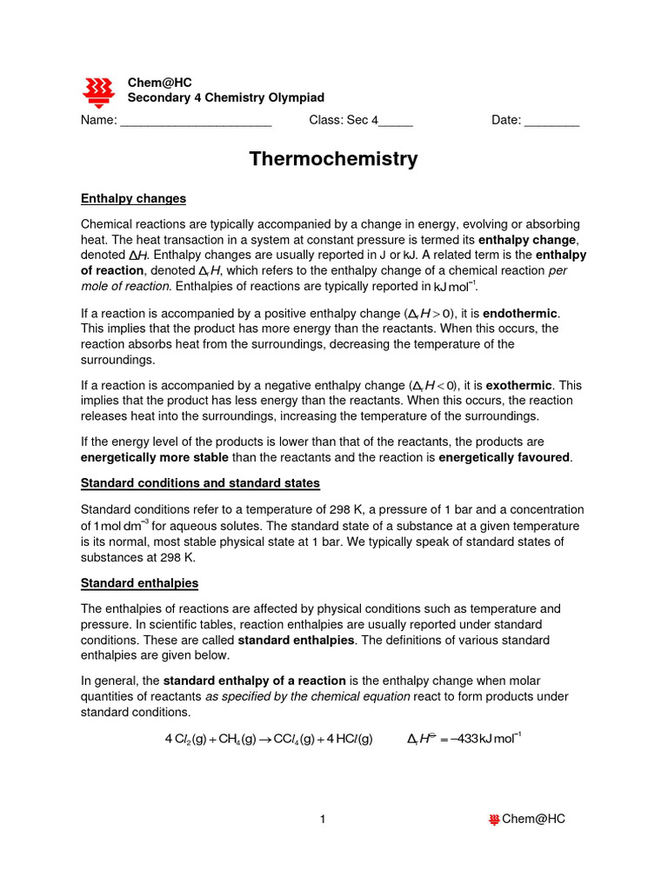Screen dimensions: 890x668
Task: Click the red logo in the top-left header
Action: (x=97, y=90)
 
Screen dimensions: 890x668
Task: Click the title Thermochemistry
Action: (x=333, y=159)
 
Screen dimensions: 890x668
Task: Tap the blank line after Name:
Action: (x=196, y=122)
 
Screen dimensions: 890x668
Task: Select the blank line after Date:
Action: (x=551, y=122)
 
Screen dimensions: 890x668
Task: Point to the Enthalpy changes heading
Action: (x=133, y=199)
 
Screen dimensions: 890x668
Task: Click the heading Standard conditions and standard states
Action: (x=200, y=482)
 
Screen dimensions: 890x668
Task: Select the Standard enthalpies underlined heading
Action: (x=139, y=582)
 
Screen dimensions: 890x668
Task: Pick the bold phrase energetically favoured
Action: (x=504, y=457)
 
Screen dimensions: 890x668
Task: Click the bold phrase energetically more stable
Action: (x=155, y=457)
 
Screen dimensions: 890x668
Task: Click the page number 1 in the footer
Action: (x=322, y=819)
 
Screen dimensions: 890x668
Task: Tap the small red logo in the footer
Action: (x=494, y=819)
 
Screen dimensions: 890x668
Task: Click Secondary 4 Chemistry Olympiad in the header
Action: (x=226, y=98)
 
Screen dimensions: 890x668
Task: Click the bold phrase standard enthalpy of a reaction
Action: (x=255, y=680)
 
